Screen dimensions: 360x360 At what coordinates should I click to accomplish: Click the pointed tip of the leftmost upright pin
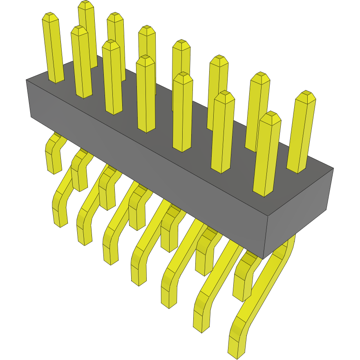pos(49,17)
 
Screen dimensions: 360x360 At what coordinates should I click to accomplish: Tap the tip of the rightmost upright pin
pos(306,96)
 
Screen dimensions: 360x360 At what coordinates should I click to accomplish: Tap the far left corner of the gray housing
pos(27,80)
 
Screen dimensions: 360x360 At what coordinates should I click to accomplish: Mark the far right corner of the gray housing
pos(333,168)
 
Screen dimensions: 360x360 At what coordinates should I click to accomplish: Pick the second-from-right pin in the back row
pos(258,110)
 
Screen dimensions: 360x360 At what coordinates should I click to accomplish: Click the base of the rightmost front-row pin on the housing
pos(264,192)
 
